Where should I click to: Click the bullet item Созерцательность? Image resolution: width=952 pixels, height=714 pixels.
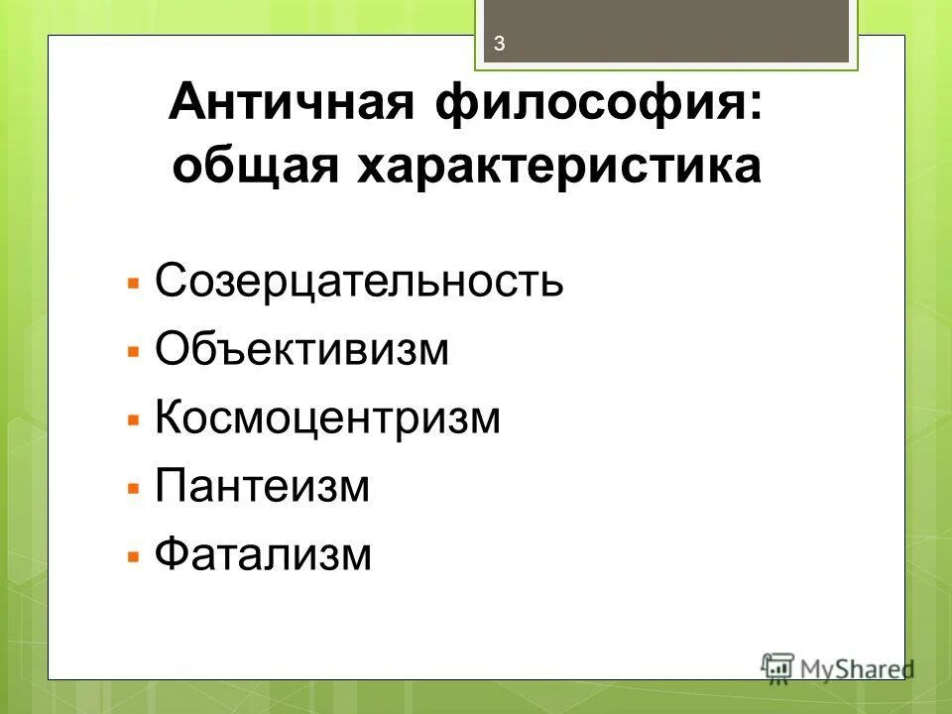pyautogui.click(x=360, y=282)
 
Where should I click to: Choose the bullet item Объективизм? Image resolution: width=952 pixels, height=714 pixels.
pyautogui.click(x=302, y=350)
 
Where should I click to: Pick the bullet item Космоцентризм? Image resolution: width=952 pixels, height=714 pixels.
pyautogui.click(x=328, y=418)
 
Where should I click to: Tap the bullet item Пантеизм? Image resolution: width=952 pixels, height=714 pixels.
pyautogui.click(x=263, y=487)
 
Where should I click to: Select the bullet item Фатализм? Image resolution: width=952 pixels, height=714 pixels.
pyautogui.click(x=263, y=554)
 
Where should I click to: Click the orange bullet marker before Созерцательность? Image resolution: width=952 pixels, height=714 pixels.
pyautogui.click(x=134, y=284)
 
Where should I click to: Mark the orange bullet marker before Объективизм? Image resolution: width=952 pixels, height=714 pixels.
pyautogui.click(x=134, y=352)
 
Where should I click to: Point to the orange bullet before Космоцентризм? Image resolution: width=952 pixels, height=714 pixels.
pyautogui.click(x=134, y=420)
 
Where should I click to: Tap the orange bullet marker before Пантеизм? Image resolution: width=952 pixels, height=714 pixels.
pyautogui.click(x=134, y=489)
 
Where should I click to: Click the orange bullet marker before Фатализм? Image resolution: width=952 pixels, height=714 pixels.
pyautogui.click(x=134, y=556)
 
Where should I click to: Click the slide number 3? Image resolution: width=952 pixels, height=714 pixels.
pyautogui.click(x=500, y=43)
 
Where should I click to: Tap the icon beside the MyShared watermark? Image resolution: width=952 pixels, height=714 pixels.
pyautogui.click(x=777, y=666)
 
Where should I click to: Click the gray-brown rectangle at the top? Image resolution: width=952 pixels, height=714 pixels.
pyautogui.click(x=674, y=30)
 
